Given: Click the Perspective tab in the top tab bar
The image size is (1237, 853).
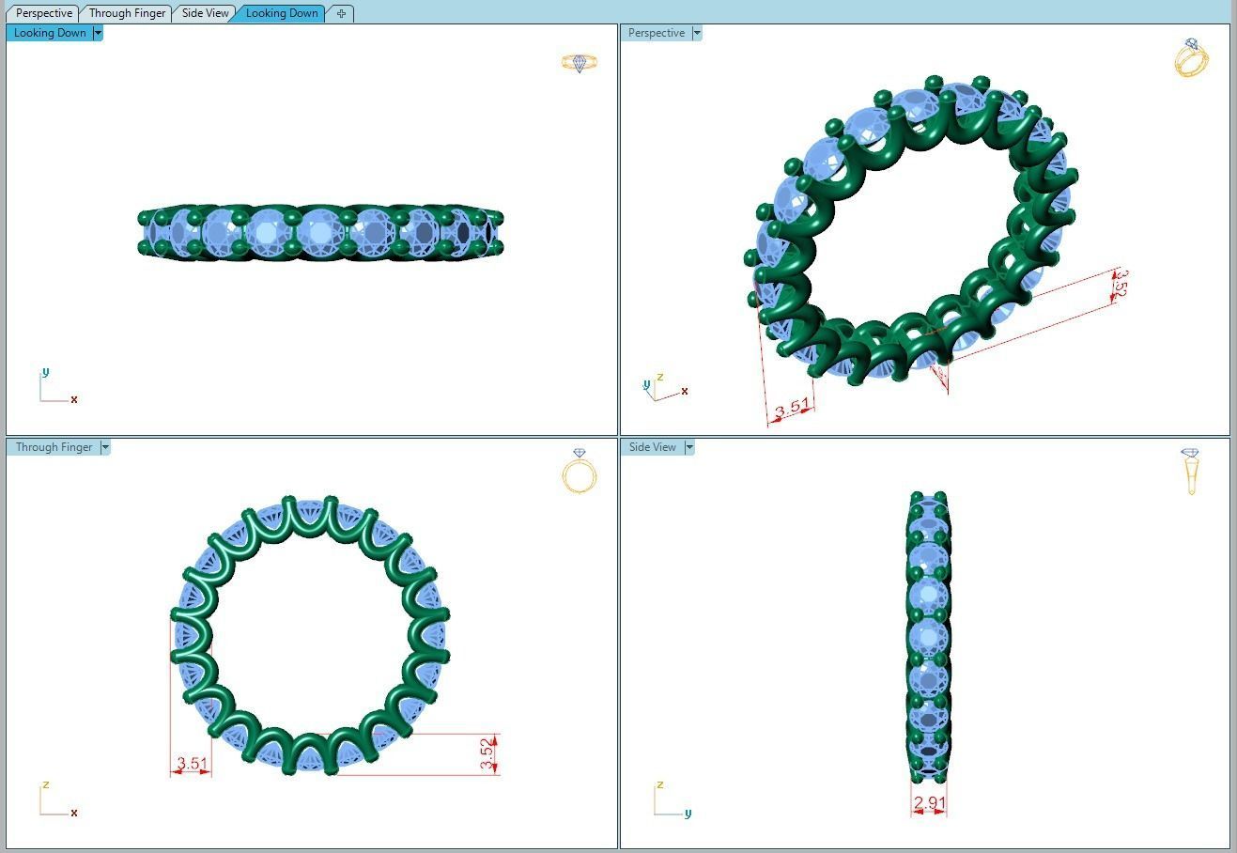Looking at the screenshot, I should click(x=44, y=13).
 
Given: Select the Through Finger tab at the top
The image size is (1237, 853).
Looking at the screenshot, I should click(x=127, y=13).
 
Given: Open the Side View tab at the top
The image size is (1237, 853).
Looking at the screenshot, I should click(x=205, y=13).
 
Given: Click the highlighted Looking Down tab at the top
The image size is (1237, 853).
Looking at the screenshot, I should click(x=281, y=13).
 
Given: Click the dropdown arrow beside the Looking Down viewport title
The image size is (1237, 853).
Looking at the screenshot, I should click(x=98, y=33).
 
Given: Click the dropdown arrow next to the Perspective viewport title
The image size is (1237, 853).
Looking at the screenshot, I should click(x=697, y=33).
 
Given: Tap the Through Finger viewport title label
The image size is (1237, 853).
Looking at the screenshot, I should click(x=54, y=447).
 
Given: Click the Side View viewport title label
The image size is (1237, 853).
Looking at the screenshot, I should click(x=652, y=447).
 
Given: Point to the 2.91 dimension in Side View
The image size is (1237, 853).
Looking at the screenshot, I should click(x=929, y=803).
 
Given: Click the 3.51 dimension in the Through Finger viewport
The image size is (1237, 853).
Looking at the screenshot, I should click(x=192, y=764).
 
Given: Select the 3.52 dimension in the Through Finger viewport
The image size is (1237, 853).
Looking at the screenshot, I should click(x=487, y=754).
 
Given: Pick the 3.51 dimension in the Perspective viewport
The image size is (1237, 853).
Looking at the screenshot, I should click(x=792, y=408).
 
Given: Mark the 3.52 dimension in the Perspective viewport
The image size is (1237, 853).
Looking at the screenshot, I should click(x=1119, y=284).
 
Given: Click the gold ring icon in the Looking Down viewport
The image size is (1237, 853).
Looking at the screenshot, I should click(x=579, y=63).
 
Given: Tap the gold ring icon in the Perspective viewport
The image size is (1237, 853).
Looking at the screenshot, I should click(x=1191, y=58).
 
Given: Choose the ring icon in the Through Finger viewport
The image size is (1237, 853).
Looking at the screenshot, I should click(x=580, y=472).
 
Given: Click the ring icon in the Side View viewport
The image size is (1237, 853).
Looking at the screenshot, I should click(x=1191, y=471).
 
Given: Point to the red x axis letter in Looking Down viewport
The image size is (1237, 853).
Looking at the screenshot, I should click(x=74, y=400).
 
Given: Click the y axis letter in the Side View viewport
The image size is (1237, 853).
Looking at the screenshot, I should click(x=688, y=814).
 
